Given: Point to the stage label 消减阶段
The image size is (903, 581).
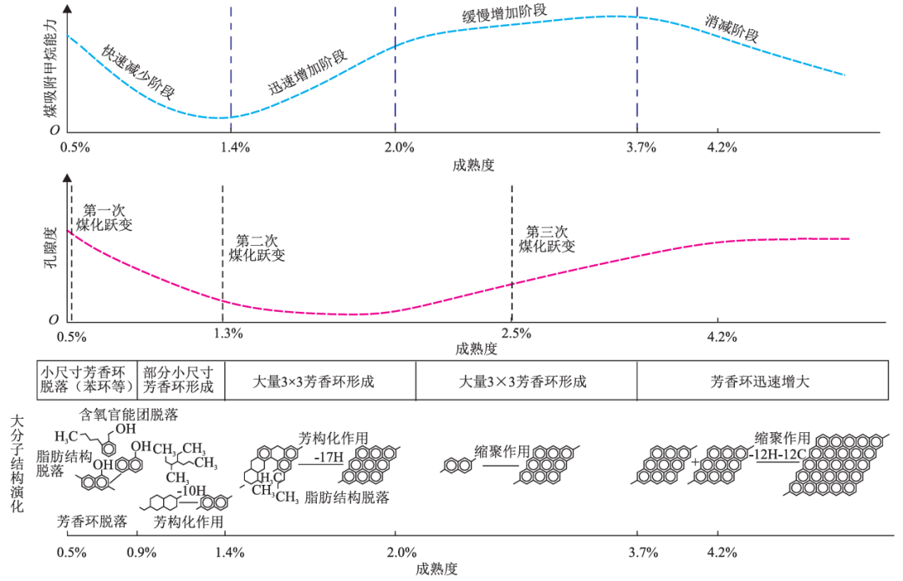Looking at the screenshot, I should (x=732, y=29).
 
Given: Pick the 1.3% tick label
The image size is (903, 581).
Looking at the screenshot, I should (x=228, y=334).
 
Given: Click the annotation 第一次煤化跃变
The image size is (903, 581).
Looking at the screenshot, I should (x=104, y=218).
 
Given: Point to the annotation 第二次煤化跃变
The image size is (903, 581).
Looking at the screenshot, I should (x=256, y=247).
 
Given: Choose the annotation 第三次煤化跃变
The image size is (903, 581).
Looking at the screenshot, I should (x=547, y=239).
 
